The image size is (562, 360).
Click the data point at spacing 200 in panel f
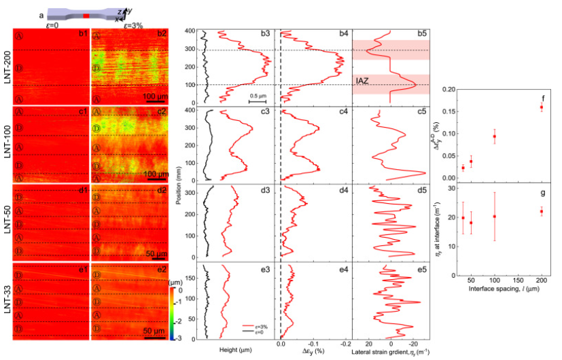click(542, 107)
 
